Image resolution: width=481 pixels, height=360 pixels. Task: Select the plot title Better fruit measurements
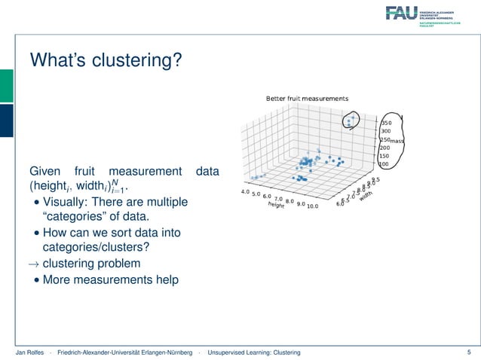[x=307, y=99]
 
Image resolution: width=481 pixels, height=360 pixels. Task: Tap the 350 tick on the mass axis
[x=386, y=122]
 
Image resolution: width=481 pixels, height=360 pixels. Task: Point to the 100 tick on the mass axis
[x=384, y=164]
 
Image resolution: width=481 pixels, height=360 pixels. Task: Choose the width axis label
[x=366, y=195]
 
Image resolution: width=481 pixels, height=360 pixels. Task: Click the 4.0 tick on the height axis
[x=244, y=192]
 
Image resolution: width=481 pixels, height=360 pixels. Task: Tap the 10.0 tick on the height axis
[x=312, y=205]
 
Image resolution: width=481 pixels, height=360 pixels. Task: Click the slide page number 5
[x=469, y=352]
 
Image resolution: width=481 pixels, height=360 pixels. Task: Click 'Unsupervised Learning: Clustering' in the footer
[x=254, y=352]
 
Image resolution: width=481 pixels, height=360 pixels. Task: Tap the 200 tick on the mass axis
[x=384, y=148]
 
